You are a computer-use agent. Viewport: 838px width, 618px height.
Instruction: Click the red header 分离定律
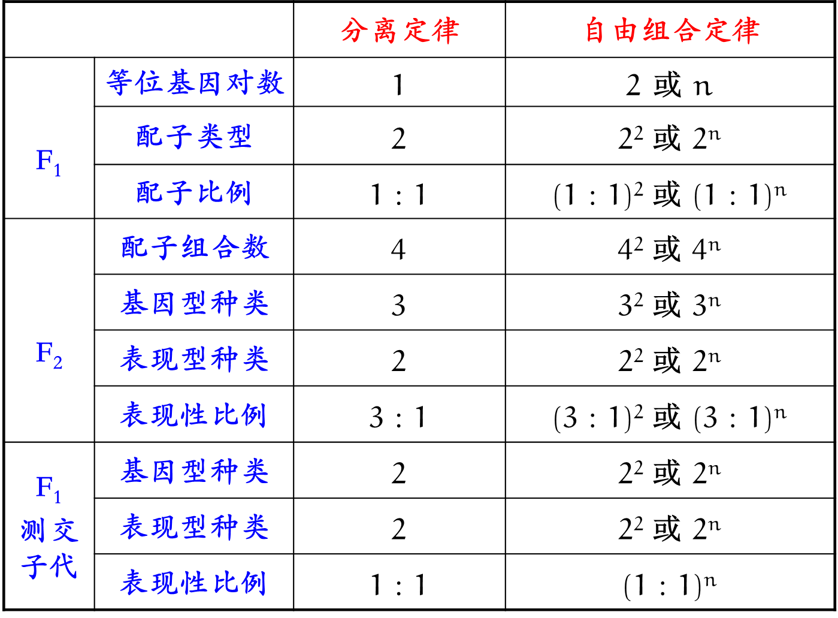pyautogui.click(x=400, y=31)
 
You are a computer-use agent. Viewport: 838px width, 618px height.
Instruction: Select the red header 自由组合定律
pyautogui.click(x=672, y=31)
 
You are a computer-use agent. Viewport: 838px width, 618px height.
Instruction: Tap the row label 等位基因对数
pyautogui.click(x=195, y=83)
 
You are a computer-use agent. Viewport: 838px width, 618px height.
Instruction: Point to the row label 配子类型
pyautogui.click(x=193, y=137)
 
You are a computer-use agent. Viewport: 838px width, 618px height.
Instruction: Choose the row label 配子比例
pyautogui.click(x=193, y=192)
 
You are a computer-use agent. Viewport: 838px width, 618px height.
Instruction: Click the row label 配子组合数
pyautogui.click(x=195, y=248)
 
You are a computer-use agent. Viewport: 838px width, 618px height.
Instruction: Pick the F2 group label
pyautogui.click(x=49, y=354)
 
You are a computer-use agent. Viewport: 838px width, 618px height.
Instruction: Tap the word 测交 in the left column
pyautogui.click(x=49, y=530)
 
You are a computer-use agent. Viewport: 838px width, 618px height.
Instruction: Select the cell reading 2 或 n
pyautogui.click(x=669, y=85)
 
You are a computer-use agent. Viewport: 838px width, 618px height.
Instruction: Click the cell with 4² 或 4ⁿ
pyautogui.click(x=669, y=248)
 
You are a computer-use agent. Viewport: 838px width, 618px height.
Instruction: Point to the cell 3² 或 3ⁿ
pyautogui.click(x=669, y=303)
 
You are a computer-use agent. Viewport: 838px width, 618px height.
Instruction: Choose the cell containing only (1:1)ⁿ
pyautogui.click(x=670, y=584)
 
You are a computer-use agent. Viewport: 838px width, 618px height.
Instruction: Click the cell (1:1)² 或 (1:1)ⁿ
pyautogui.click(x=670, y=194)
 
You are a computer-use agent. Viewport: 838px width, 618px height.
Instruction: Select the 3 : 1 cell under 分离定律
pyautogui.click(x=398, y=417)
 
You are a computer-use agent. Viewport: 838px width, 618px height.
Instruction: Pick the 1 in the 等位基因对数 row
pyautogui.click(x=398, y=85)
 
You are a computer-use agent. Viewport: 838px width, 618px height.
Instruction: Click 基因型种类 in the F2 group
pyautogui.click(x=195, y=303)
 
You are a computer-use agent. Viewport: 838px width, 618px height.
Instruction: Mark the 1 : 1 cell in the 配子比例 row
pyautogui.click(x=398, y=195)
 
